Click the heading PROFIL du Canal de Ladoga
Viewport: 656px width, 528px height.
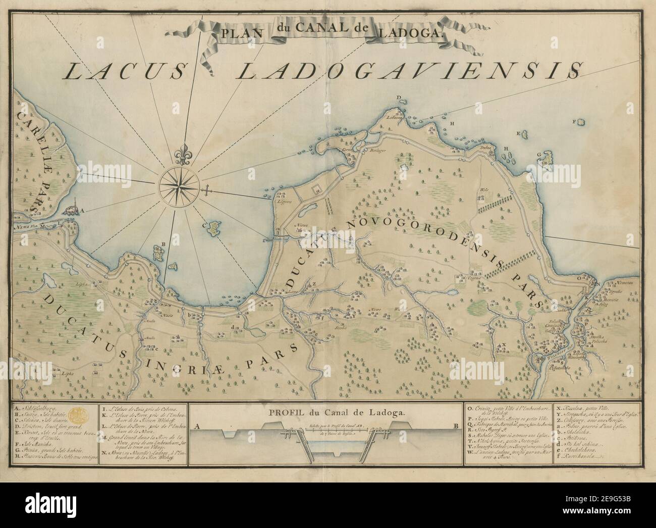(325, 412)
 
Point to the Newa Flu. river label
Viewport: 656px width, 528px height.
(26, 227)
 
